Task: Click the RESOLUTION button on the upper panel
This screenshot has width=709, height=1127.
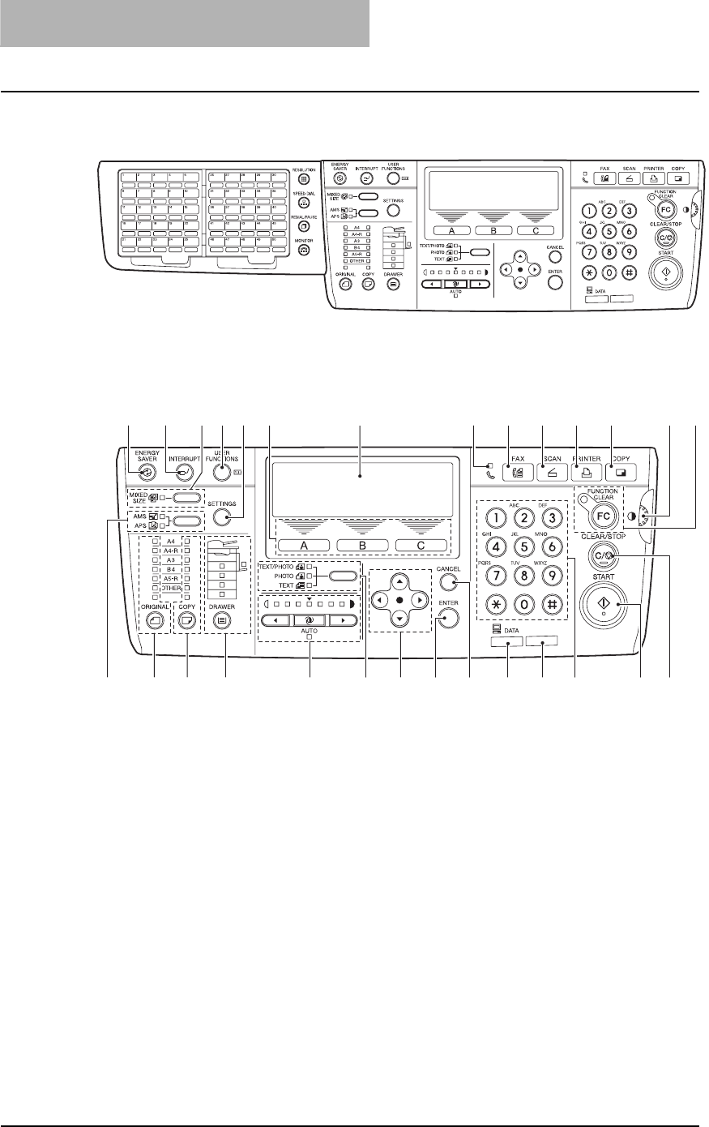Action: pos(304,179)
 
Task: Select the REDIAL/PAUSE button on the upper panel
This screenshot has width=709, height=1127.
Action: pos(304,227)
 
